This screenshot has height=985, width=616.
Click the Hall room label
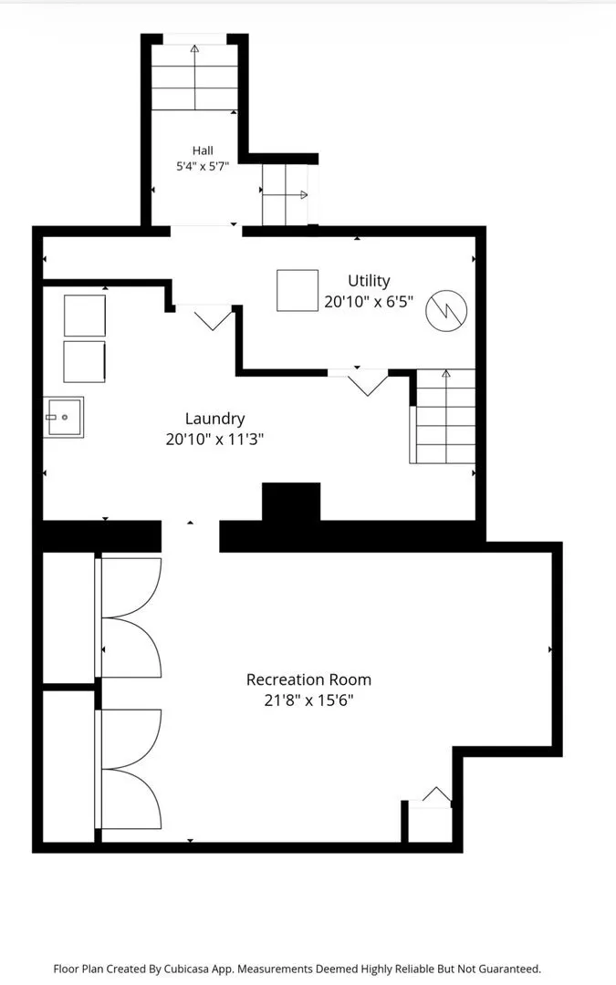203,150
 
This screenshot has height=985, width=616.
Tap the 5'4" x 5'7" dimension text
203,167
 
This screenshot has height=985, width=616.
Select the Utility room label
369,281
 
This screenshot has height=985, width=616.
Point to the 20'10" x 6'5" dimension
369,302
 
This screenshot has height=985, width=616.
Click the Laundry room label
215,419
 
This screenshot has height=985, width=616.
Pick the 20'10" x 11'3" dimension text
214,439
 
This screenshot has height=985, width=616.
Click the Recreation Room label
308,679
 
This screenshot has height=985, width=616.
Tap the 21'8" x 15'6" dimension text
308,700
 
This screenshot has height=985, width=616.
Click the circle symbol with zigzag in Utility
447,310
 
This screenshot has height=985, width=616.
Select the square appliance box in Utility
298,290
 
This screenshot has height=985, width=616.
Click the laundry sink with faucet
63,417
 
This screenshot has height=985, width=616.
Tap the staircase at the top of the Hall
195,77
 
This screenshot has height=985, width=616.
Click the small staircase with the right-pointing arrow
286,195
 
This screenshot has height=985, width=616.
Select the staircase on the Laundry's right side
444,417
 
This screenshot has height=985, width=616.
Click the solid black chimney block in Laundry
291,502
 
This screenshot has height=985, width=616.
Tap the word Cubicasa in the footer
187,969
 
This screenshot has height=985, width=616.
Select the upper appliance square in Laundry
85,316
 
